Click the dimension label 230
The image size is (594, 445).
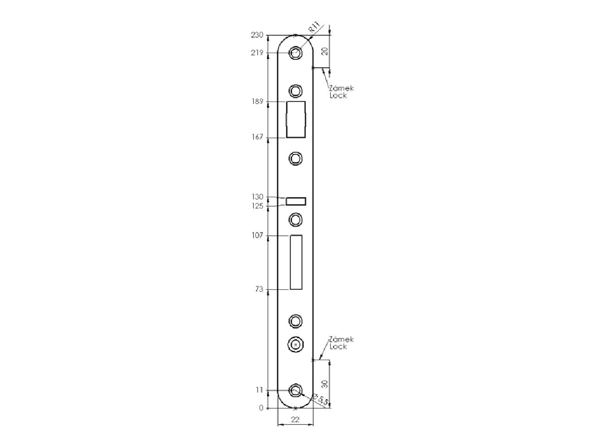[257, 35]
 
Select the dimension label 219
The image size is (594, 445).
[257, 53]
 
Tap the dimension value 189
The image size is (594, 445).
[257, 102]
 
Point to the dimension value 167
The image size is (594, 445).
[257, 137]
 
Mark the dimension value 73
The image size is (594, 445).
[259, 289]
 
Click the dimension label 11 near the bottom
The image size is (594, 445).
[259, 390]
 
